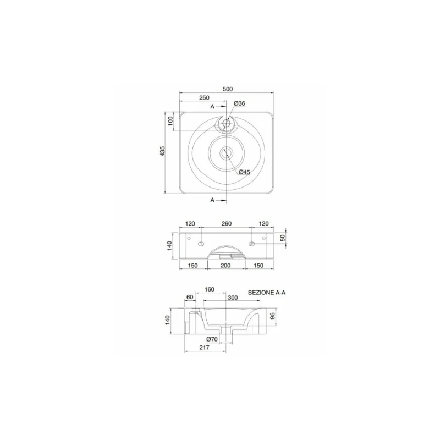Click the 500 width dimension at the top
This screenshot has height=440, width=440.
228,89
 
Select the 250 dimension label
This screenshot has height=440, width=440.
204,98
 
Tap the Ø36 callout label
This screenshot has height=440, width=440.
239,103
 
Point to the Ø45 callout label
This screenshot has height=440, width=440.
244,172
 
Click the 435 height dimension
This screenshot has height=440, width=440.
162,151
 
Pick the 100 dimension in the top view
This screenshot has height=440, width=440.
170,121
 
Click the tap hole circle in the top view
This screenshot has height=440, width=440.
226,123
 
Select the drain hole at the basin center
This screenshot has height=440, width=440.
226,152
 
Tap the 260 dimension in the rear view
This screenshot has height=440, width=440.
227,223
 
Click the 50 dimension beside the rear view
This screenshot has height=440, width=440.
283,238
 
